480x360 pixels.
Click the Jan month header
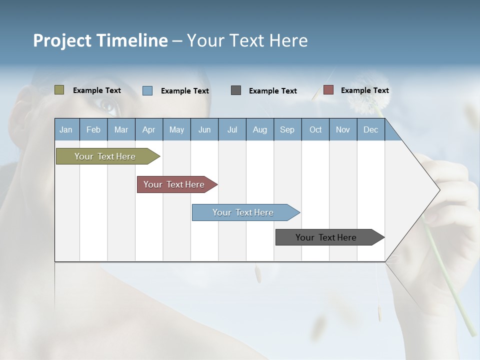click(x=66, y=129)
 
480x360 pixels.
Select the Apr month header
click(x=148, y=129)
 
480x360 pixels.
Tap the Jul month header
click(x=232, y=129)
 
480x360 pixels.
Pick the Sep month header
click(x=287, y=129)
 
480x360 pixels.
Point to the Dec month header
click(x=370, y=129)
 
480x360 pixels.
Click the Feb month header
click(x=93, y=129)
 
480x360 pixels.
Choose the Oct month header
click(x=315, y=129)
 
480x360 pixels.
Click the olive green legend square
click(x=59, y=90)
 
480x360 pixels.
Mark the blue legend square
click(x=147, y=90)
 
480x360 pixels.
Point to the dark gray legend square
click(x=236, y=90)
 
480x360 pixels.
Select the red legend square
click(x=328, y=90)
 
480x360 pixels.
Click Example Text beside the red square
click(x=364, y=90)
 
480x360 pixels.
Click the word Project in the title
click(x=62, y=40)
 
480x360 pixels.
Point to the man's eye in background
click(x=108, y=105)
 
